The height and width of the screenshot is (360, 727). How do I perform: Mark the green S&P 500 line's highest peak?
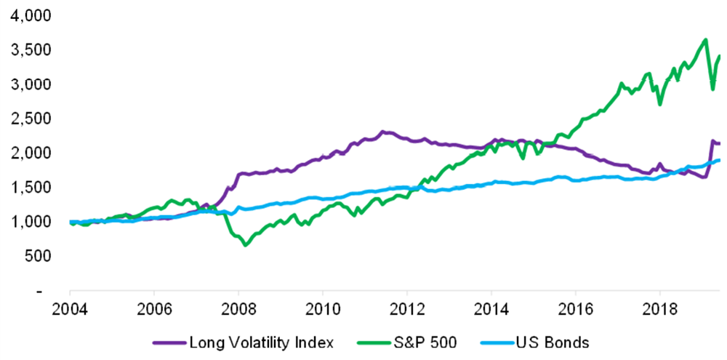click(x=705, y=39)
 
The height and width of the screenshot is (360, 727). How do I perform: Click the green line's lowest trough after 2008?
click(x=245, y=245)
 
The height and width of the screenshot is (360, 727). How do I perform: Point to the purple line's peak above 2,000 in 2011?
click(x=384, y=132)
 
